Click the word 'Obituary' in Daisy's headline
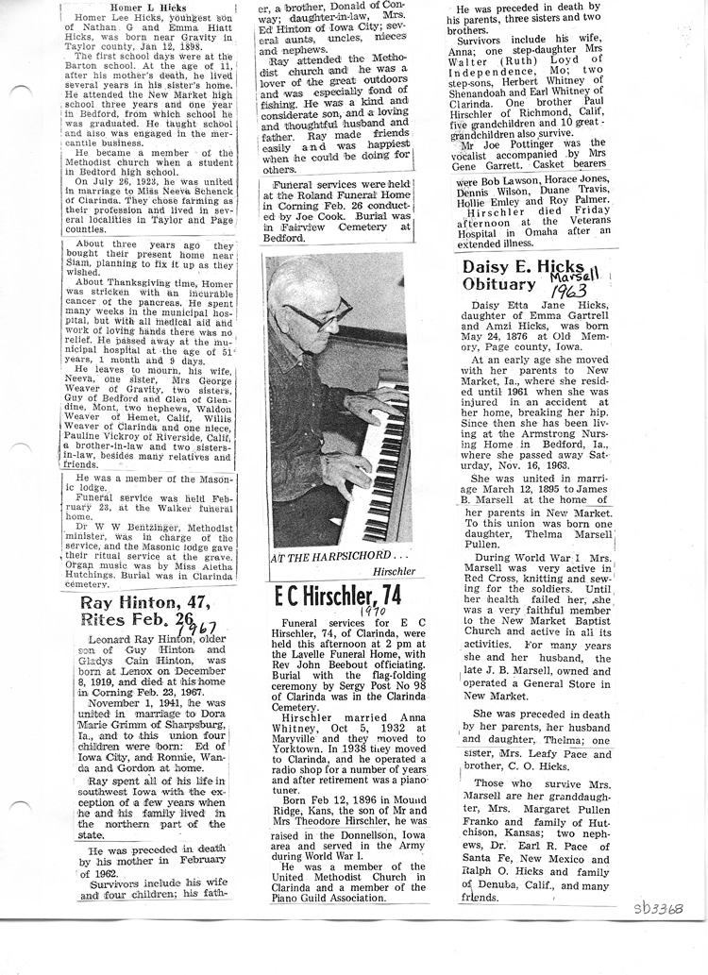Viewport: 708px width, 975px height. [x=498, y=284]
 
